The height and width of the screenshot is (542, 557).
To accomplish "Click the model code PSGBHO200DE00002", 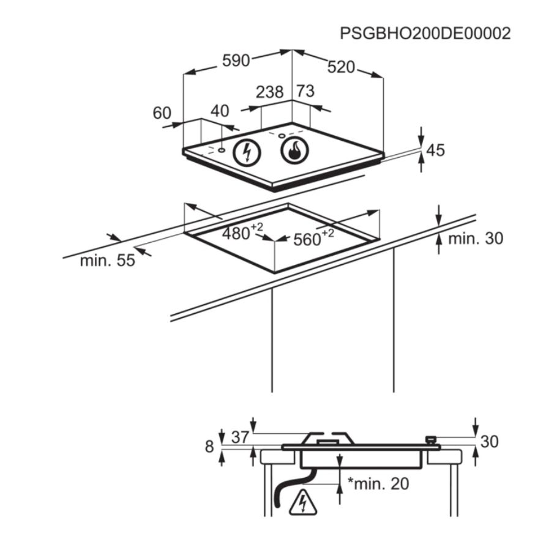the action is [x=425, y=34].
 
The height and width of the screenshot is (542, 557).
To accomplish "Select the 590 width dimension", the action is [x=236, y=61].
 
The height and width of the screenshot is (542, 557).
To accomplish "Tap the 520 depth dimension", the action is [x=341, y=67].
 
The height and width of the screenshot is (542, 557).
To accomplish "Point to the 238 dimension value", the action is [x=269, y=92].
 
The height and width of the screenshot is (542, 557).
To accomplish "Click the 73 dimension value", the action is [x=305, y=91].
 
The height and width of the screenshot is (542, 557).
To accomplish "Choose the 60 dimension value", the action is [x=162, y=113].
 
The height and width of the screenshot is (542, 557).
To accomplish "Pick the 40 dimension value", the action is [x=220, y=111].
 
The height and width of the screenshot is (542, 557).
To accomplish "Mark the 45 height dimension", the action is [x=436, y=150].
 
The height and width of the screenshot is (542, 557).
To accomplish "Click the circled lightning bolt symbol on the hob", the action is [x=247, y=153].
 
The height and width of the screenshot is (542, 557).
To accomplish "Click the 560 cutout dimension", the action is [x=313, y=238].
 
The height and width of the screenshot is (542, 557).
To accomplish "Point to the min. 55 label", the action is [x=108, y=261].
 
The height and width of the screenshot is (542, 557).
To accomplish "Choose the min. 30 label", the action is [x=476, y=239].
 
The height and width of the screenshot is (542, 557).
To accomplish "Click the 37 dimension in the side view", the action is [x=240, y=437].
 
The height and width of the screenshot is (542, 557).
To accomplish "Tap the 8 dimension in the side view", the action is [x=209, y=446].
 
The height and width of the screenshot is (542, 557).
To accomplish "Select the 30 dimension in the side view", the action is [x=489, y=442].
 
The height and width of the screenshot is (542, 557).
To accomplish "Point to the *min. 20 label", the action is [x=378, y=483].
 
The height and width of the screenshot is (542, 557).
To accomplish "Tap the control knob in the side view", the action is [x=431, y=439].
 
